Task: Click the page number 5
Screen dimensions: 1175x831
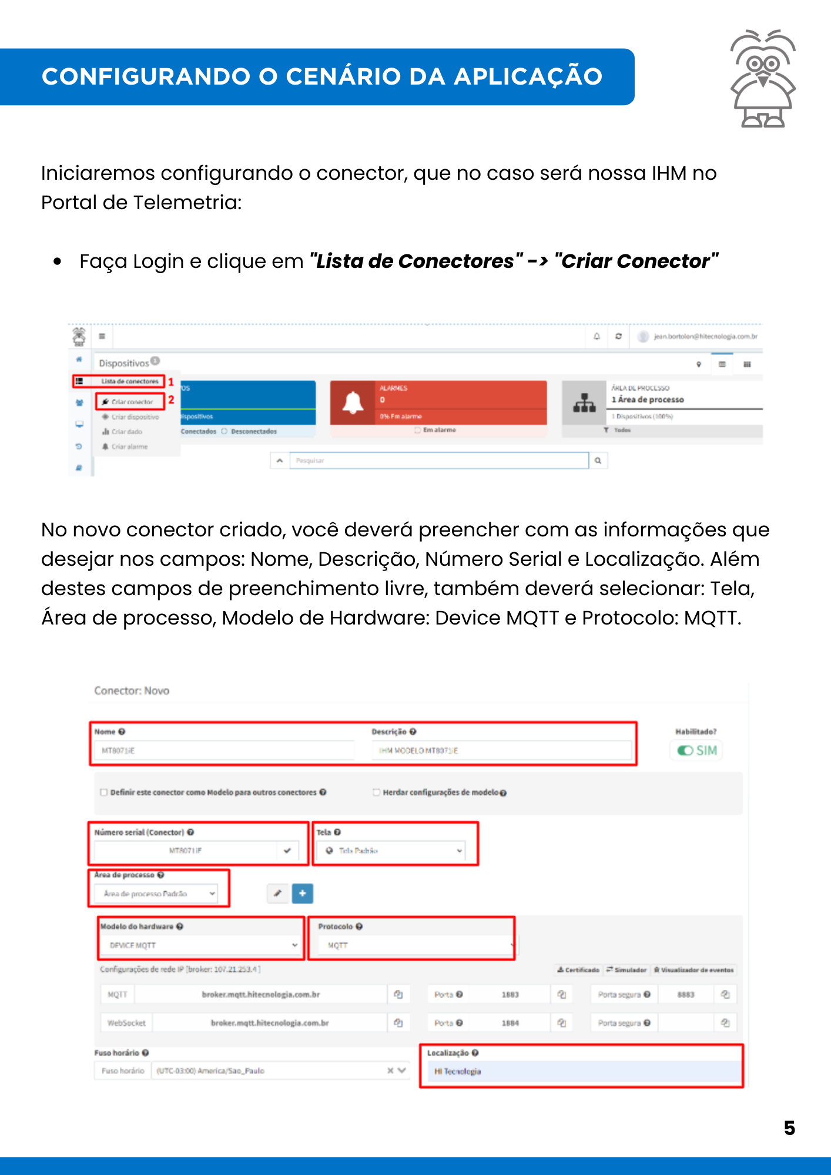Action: click(x=789, y=1128)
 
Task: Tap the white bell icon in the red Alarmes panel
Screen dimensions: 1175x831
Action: click(x=353, y=403)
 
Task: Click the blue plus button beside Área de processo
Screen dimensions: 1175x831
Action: click(x=302, y=894)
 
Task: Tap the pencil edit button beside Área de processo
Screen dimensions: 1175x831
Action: click(x=278, y=894)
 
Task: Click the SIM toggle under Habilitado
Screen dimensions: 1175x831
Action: click(x=696, y=750)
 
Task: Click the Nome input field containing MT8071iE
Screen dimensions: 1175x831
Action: click(x=223, y=750)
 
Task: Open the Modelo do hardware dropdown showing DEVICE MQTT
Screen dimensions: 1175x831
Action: click(x=200, y=945)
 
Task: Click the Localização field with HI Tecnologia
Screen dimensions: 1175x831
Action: click(x=582, y=1072)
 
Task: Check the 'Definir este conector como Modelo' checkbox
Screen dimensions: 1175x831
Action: click(x=104, y=793)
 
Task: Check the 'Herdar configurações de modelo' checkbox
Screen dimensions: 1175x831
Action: click(x=376, y=793)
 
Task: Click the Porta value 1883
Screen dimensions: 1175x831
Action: click(x=510, y=995)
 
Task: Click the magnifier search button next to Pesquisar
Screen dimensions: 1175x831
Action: click(x=598, y=461)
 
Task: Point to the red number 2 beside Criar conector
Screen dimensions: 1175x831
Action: click(x=171, y=399)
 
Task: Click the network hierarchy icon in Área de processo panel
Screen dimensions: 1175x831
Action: click(x=584, y=403)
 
